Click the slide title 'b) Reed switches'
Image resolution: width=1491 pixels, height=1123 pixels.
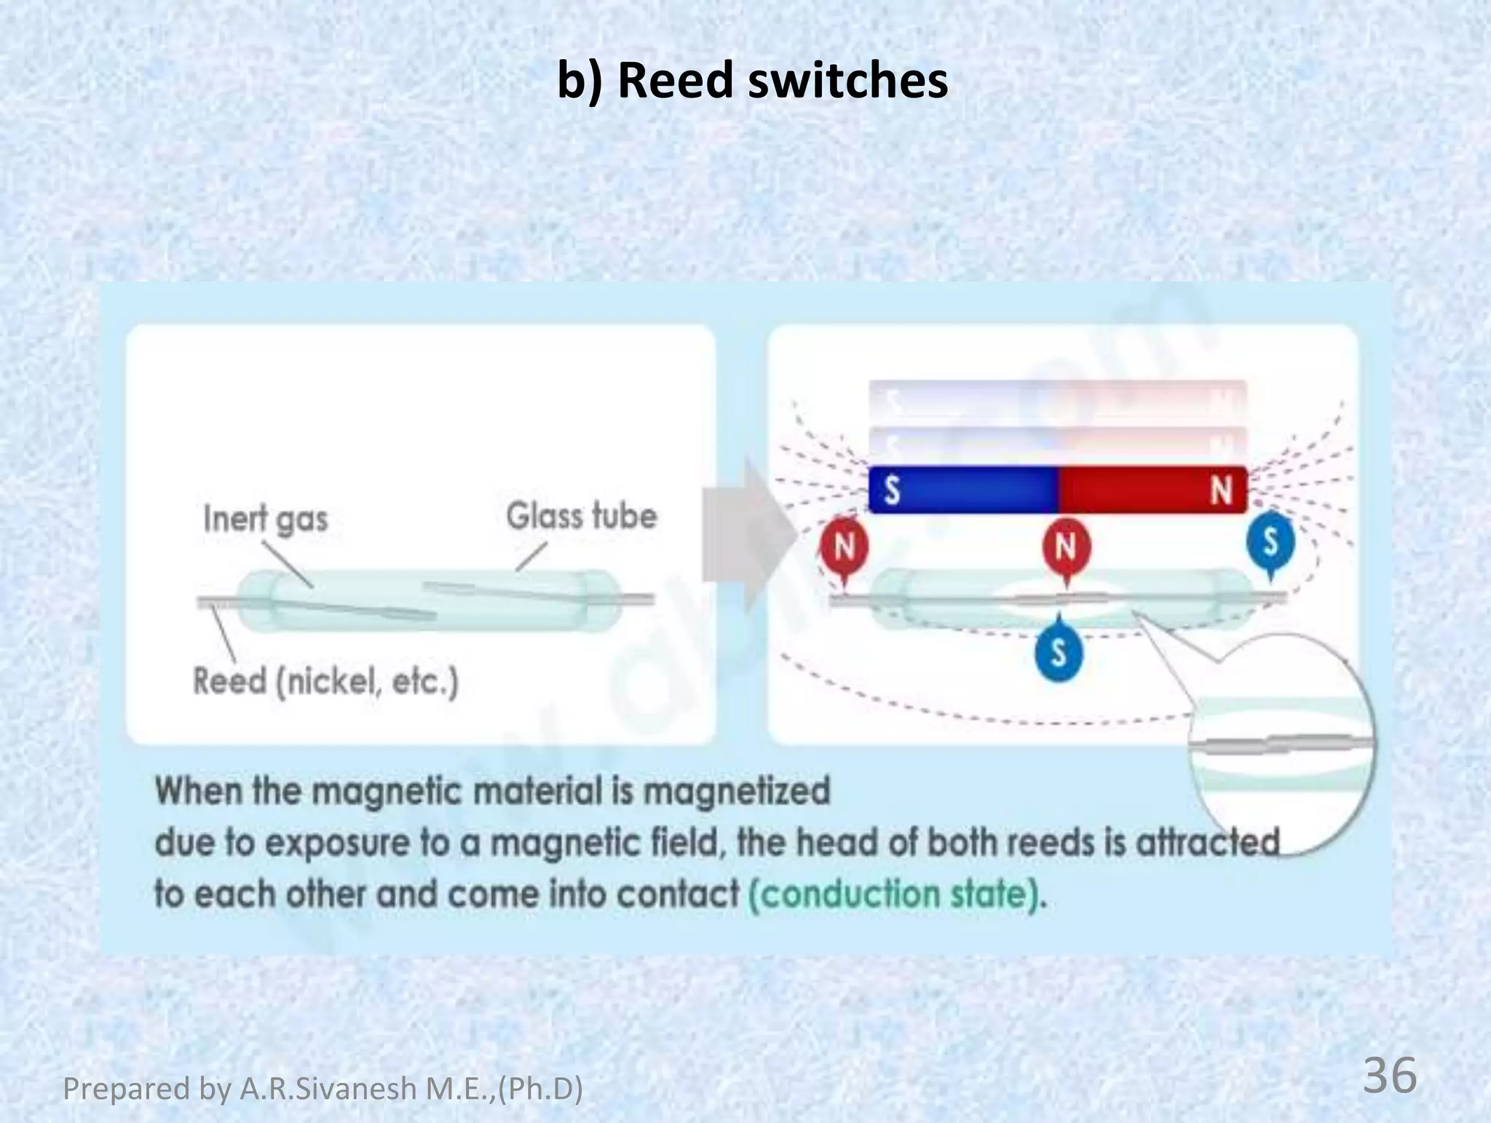click(752, 80)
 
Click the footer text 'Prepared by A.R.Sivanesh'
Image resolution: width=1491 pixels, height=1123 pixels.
click(323, 1089)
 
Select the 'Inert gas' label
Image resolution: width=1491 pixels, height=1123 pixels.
click(265, 519)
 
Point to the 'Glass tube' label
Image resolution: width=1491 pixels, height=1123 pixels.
click(581, 516)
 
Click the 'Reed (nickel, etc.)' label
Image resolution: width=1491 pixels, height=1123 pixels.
click(325, 682)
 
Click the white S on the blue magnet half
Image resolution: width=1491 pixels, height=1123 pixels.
click(892, 490)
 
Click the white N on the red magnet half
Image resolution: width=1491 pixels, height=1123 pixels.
click(1221, 490)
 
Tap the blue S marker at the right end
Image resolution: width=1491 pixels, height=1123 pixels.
click(1270, 542)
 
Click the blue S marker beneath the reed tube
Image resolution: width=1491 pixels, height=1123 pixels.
click(1059, 652)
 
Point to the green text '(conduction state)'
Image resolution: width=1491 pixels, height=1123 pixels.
click(897, 894)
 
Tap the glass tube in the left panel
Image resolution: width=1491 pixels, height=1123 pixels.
click(430, 601)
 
